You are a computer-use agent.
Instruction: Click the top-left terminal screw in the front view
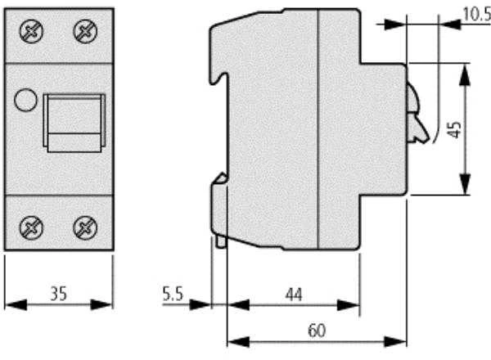point(31,31)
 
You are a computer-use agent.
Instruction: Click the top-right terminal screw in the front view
point(85,31)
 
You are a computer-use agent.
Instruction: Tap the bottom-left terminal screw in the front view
point(31,227)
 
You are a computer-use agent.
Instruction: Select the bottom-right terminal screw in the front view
point(85,227)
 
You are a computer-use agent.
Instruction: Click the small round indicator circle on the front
point(25,100)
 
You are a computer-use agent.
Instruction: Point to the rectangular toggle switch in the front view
point(74,123)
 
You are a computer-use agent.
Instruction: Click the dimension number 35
point(59,294)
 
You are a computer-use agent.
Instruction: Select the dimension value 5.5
point(173,294)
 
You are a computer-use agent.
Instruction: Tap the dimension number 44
point(294,295)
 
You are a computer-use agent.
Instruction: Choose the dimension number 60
point(317,331)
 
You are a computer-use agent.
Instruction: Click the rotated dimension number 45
point(454,129)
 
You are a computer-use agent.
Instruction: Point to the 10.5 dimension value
point(476,14)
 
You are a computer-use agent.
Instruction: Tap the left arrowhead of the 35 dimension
point(16,304)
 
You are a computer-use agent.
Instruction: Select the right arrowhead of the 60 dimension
point(395,342)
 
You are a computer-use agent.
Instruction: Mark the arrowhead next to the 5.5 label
point(200,304)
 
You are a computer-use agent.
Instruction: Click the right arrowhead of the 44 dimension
point(349,305)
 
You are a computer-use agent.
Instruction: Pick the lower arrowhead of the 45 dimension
point(465,184)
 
